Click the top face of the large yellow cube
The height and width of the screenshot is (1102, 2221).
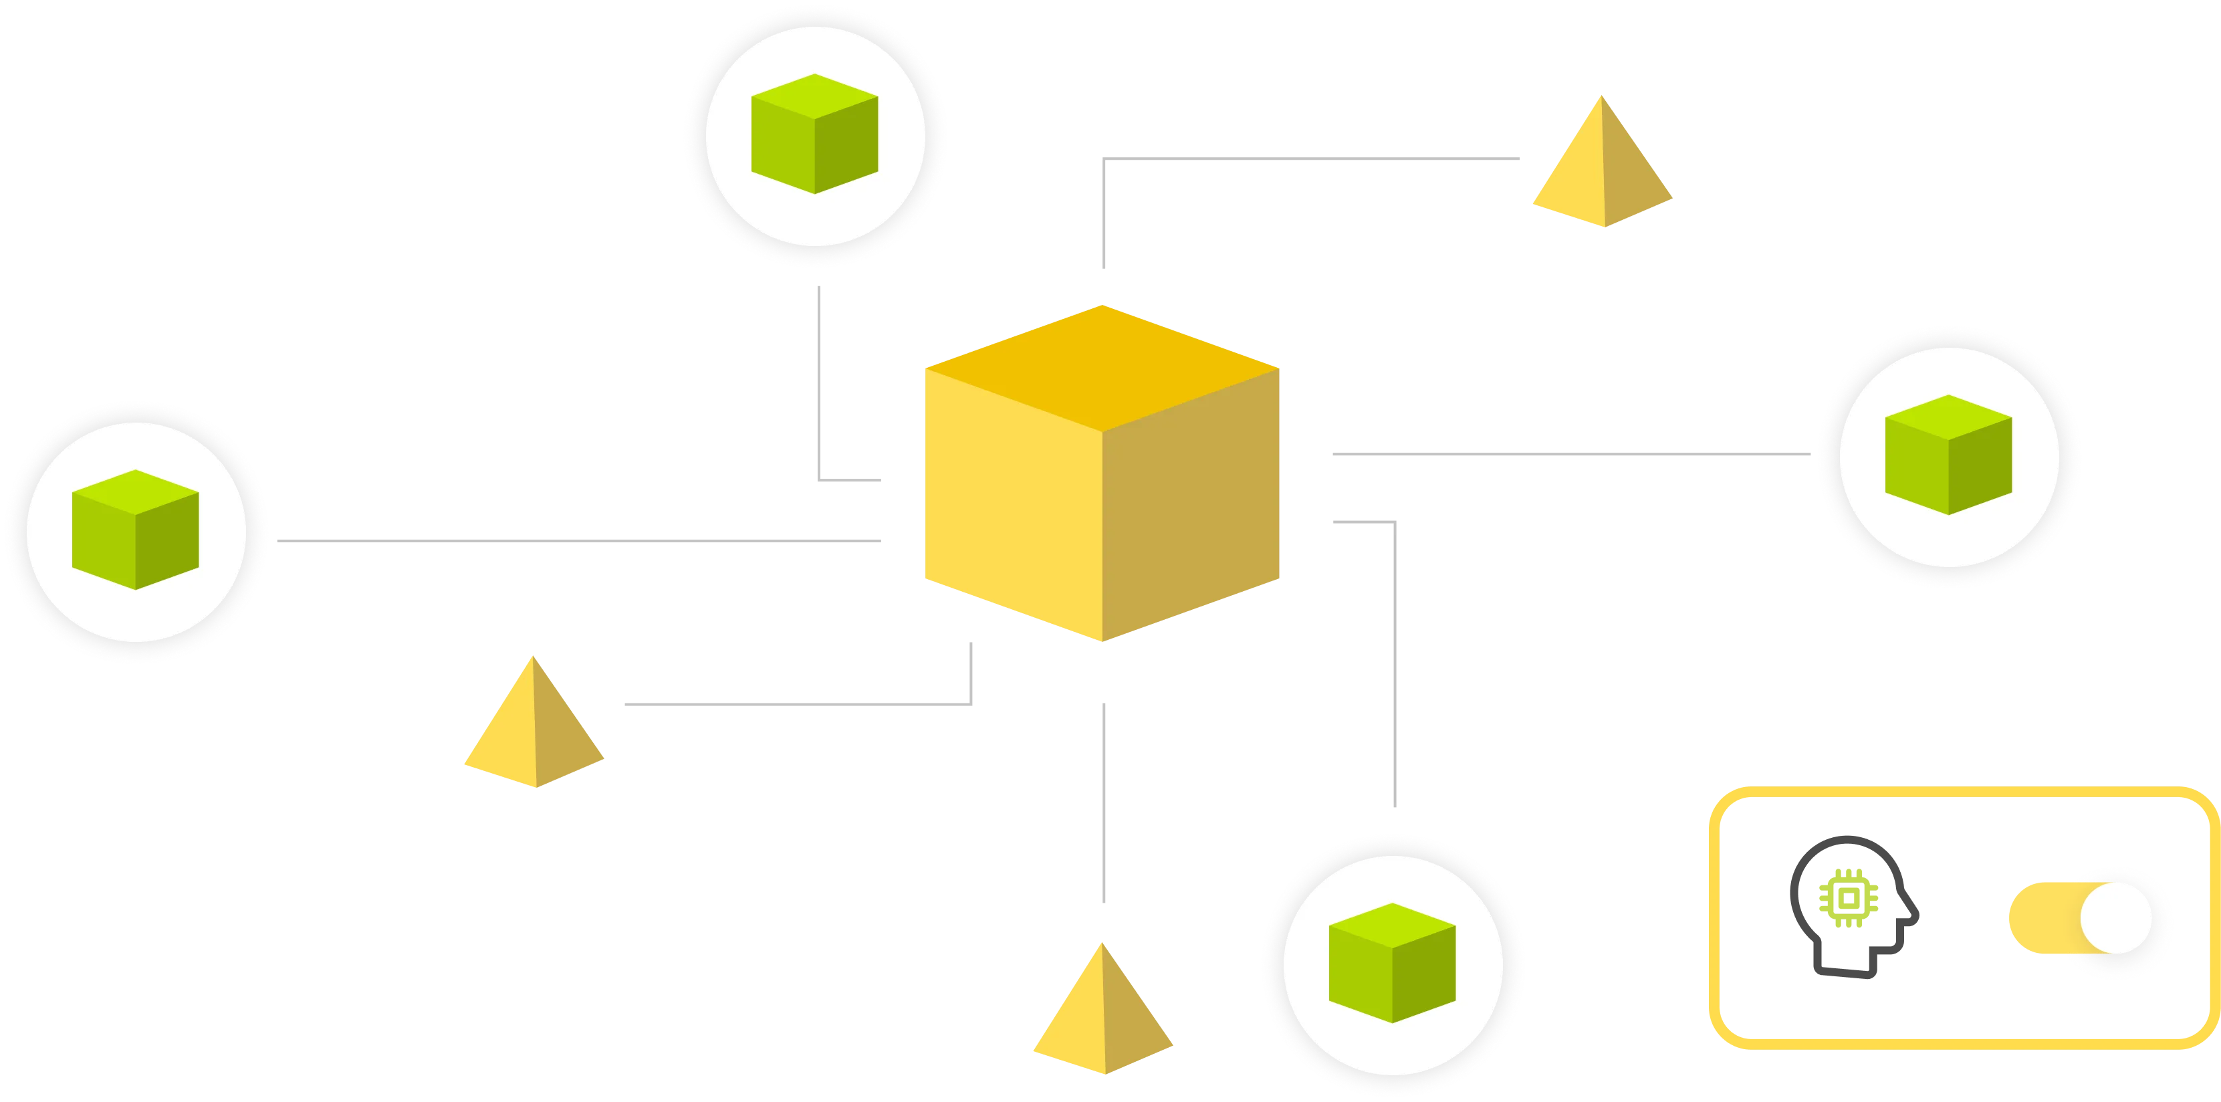[x=1104, y=366]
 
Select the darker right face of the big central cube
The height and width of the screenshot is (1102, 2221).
[x=1194, y=509]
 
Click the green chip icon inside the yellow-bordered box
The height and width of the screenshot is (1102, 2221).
[x=1849, y=899]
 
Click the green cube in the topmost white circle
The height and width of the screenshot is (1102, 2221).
[x=815, y=134]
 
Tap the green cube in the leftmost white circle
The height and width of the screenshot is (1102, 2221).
[x=135, y=530]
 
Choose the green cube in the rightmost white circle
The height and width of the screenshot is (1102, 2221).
[x=1948, y=455]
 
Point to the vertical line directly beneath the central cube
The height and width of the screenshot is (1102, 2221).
[x=1104, y=802]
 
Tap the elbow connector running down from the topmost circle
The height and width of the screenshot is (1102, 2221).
[x=818, y=388]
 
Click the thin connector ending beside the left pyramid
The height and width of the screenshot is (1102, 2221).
[x=793, y=703]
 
